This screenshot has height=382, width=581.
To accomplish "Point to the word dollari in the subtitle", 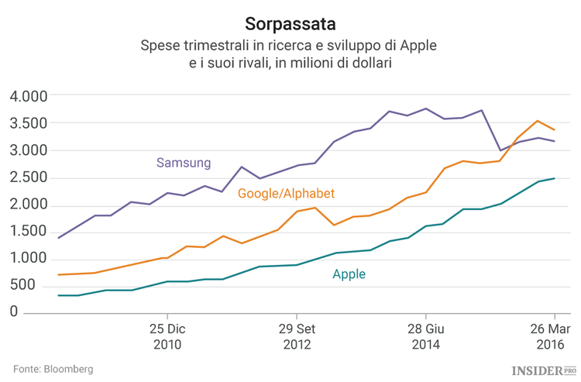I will [x=365, y=64].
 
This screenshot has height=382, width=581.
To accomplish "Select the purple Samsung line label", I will [x=184, y=163].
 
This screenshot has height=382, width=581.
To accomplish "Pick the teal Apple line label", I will [x=349, y=274].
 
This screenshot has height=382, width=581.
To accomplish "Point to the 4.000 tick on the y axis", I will [x=29, y=96].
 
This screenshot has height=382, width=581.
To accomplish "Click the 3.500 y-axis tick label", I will [x=29, y=123].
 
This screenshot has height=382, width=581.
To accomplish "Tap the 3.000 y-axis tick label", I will [x=29, y=150].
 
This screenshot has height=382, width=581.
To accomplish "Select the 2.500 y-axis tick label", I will [x=29, y=177].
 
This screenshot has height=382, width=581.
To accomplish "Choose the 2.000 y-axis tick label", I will [x=29, y=205].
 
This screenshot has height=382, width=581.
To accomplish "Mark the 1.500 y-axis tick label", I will [x=29, y=232].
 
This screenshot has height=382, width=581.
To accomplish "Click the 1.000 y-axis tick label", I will [x=29, y=259].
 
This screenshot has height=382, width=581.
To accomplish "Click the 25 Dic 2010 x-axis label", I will [x=167, y=336].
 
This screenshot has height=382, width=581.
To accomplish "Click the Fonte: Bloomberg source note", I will [x=53, y=369].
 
